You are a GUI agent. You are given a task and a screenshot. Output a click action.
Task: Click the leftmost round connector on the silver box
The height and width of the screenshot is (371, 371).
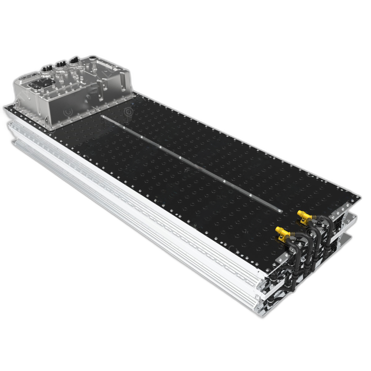coord(46,69)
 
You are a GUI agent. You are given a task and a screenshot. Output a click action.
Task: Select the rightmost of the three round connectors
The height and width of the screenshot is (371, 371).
coord(73,60)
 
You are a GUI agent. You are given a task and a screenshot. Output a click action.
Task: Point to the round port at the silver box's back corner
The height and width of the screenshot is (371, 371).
coord(93,59)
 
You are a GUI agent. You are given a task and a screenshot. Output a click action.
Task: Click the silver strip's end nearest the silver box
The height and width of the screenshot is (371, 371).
coord(102,118)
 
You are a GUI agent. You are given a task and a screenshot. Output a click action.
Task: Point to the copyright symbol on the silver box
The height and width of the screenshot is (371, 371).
coord(68,111)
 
